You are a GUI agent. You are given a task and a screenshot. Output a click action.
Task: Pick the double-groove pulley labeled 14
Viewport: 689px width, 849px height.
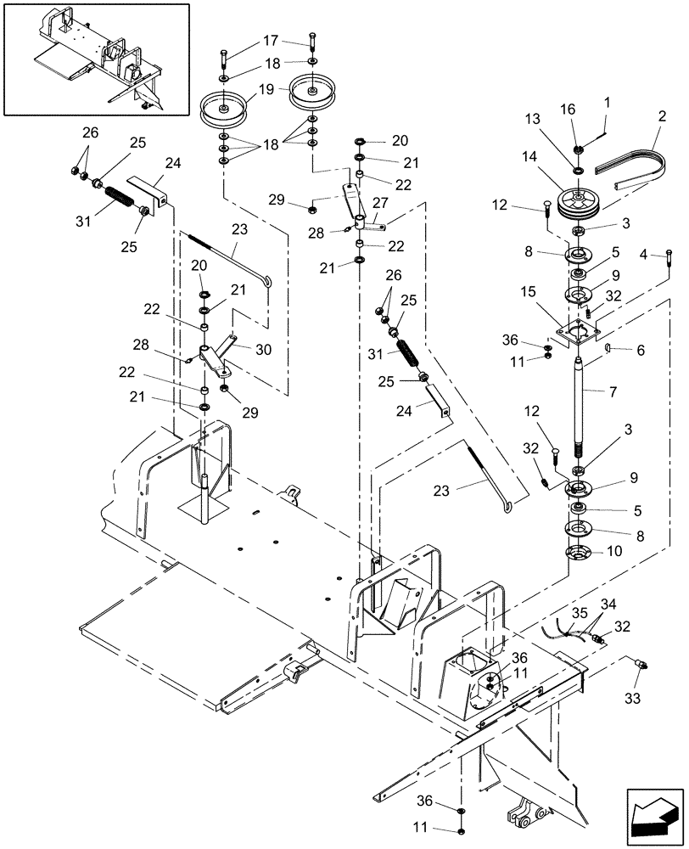click(579, 206)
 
